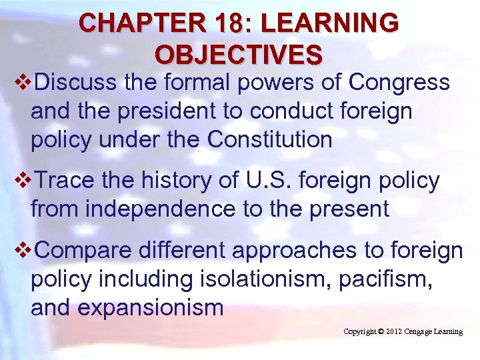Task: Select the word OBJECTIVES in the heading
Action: coord(239,53)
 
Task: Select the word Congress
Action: coord(399,83)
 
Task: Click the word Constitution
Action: coord(270,140)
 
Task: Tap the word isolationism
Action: coord(267,279)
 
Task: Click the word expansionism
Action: coord(151,308)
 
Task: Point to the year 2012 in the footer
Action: coord(393,331)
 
